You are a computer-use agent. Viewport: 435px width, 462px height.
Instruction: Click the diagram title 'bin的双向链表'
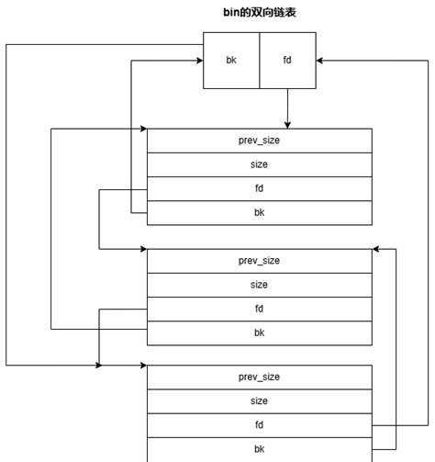[259, 13]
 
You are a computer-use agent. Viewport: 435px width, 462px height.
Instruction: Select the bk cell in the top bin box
[231, 60]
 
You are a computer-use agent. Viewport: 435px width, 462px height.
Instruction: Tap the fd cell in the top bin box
[287, 60]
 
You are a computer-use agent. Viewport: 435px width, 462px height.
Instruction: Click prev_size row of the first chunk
[259, 141]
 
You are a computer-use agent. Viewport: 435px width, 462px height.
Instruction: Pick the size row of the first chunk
[259, 164]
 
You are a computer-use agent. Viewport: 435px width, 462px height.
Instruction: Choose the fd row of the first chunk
[259, 189]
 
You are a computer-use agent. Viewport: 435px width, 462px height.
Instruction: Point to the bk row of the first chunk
[259, 213]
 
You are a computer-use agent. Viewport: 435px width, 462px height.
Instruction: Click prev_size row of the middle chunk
[259, 261]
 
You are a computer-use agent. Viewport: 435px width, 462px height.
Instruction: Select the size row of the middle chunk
[259, 285]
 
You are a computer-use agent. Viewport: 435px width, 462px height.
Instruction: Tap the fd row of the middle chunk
[259, 309]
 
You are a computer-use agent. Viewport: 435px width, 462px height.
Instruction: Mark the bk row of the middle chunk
[259, 332]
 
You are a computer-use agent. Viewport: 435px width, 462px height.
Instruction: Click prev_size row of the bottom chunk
[259, 377]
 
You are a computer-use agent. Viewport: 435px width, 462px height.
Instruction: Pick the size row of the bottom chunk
[259, 400]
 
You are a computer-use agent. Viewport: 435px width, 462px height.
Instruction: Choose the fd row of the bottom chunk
[259, 425]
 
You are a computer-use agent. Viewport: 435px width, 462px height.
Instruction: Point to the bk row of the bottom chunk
[259, 449]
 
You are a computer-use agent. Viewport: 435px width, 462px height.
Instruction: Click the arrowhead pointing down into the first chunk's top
[287, 124]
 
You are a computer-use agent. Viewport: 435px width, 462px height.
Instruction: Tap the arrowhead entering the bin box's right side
[321, 61]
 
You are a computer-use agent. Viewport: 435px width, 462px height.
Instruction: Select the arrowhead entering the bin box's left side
[198, 61]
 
